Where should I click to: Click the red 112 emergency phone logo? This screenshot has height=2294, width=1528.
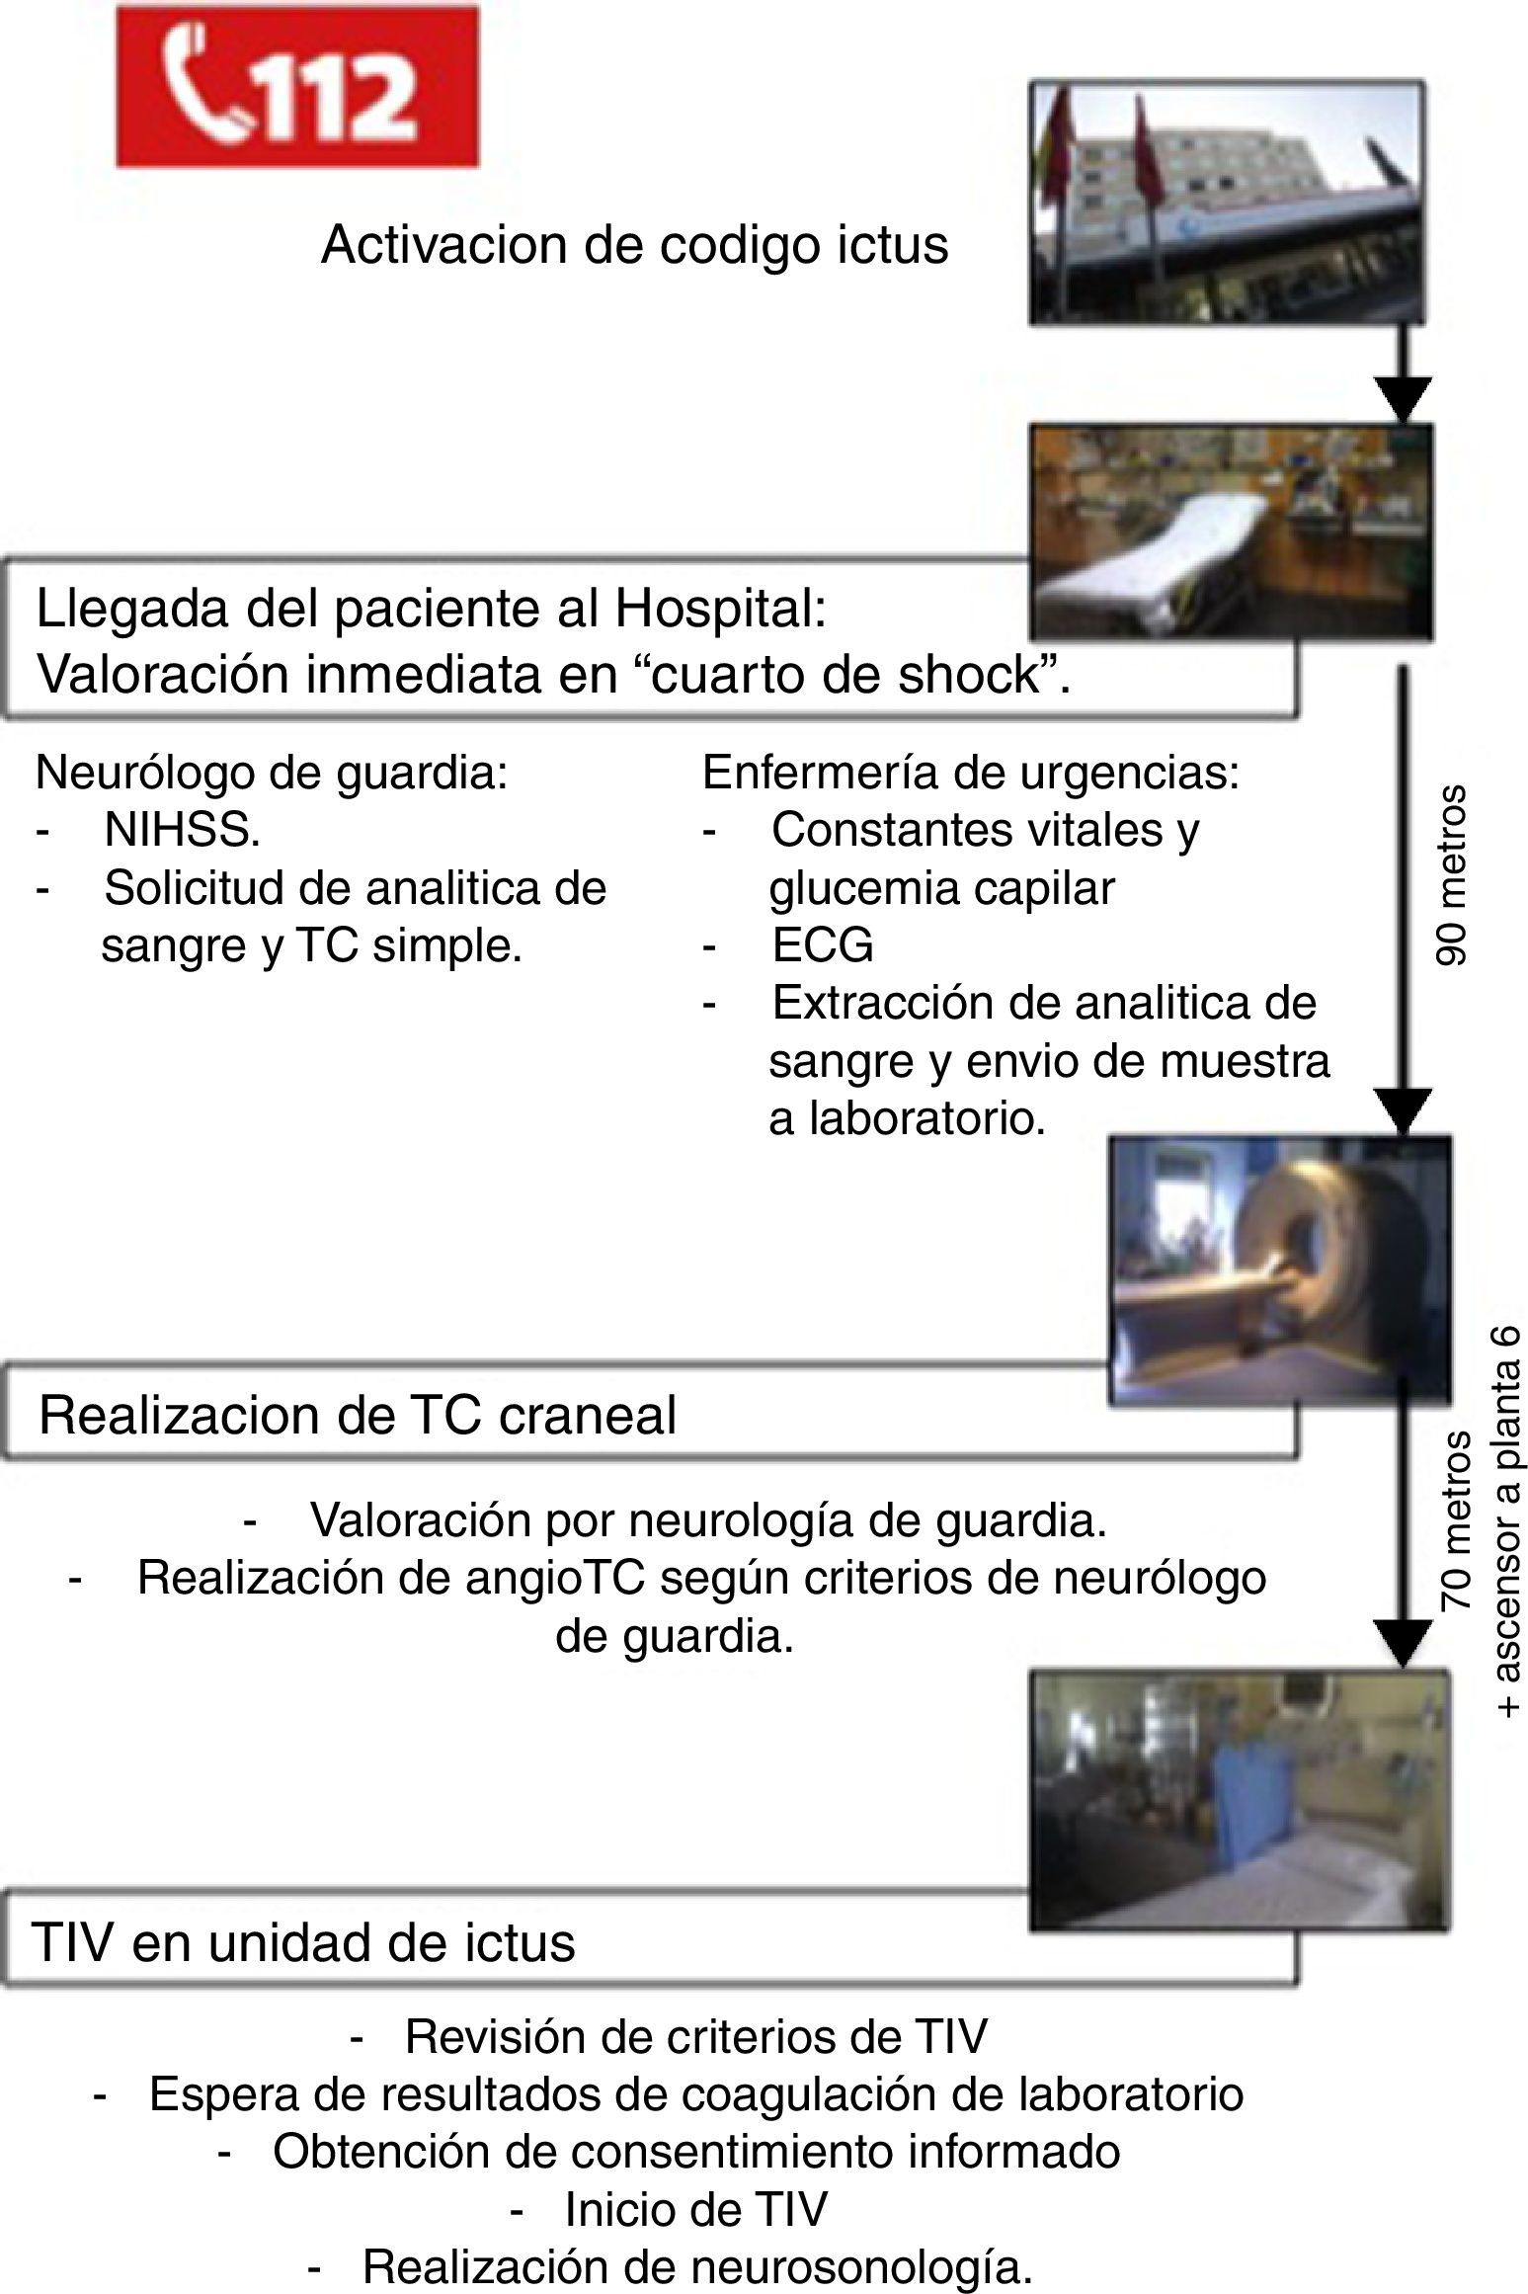(297, 86)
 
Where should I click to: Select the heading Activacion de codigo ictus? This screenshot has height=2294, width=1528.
(634, 245)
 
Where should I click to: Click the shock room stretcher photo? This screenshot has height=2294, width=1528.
(1230, 531)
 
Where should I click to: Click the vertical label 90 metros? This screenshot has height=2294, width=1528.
(1451, 875)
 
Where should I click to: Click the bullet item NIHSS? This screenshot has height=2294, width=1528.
(183, 831)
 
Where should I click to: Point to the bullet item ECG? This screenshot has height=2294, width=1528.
(823, 945)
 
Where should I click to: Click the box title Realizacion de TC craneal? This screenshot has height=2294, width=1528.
(358, 1416)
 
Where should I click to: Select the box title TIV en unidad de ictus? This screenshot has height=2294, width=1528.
(304, 1942)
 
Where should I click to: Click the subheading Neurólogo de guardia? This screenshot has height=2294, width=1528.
(272, 773)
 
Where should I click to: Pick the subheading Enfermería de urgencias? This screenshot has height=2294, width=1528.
(970, 773)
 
